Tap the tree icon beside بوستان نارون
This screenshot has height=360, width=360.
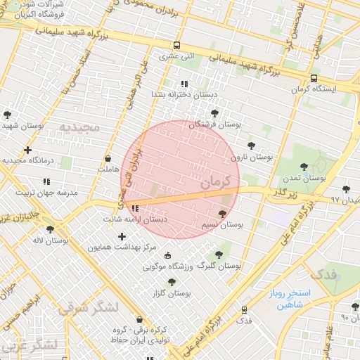251,146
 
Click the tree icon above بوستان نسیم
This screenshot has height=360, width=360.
223,214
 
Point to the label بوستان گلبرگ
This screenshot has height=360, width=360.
218,267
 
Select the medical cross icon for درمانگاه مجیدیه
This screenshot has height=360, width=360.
27,150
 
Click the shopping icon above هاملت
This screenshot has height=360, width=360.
108,159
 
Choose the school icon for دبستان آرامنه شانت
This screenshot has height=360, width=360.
135,209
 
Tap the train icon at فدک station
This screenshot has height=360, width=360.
244,309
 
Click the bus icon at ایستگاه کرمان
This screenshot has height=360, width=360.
313,78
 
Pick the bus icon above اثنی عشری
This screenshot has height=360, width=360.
176,44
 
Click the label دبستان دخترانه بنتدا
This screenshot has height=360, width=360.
184,94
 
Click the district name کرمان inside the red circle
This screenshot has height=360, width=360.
215,181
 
